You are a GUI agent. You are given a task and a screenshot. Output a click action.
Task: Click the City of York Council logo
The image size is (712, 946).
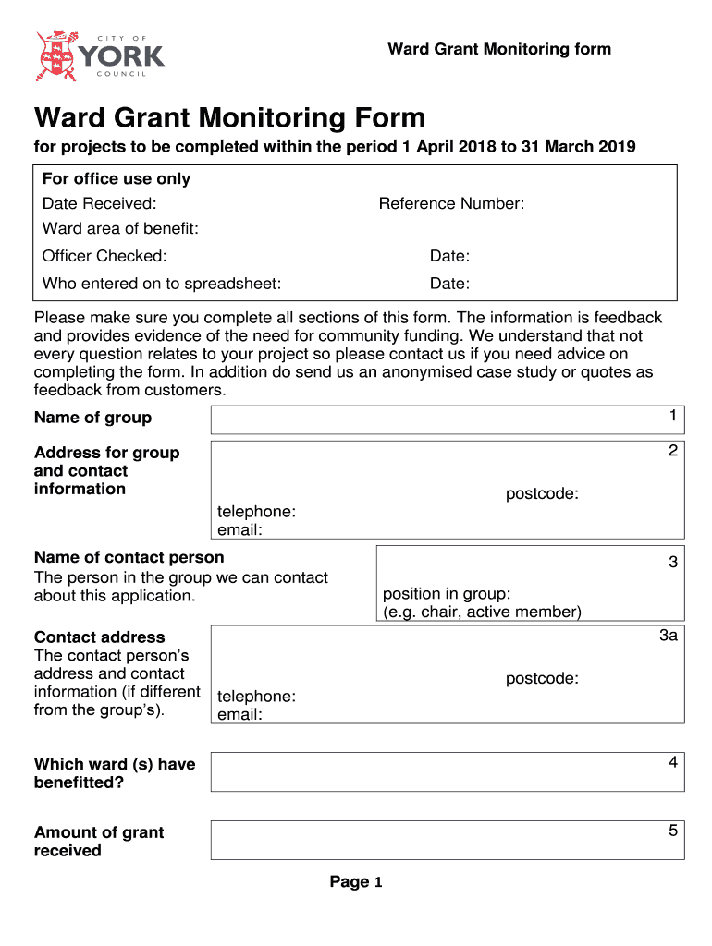coord(99,55)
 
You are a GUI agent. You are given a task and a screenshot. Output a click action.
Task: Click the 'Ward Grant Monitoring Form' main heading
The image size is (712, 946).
coord(229,118)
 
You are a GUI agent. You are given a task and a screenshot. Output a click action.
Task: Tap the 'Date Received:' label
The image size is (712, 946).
coord(99,203)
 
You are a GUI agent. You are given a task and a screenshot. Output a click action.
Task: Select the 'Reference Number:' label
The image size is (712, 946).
coord(451,203)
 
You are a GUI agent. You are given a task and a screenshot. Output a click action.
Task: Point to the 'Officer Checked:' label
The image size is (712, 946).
coord(104,256)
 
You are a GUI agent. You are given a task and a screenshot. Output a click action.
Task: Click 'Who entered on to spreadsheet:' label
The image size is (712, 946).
coord(162,284)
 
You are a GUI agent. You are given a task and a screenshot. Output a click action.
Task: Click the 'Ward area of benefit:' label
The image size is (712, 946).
coord(120,228)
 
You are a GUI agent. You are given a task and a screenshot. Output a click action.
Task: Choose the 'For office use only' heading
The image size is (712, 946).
coord(117,178)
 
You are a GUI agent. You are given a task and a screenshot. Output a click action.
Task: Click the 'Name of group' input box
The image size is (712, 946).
coord(448,419)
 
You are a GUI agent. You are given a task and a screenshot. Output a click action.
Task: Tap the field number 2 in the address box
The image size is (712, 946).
coord(673,451)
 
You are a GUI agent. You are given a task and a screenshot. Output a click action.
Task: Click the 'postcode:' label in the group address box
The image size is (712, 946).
coord(542,494)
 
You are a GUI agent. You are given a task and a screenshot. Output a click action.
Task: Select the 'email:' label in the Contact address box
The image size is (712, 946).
coord(239,715)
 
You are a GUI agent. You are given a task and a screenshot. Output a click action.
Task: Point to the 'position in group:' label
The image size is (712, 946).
coord(447,594)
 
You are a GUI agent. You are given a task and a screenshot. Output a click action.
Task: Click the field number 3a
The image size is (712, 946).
coord(669,636)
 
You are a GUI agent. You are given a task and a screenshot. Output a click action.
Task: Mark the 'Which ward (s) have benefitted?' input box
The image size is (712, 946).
coord(448,771)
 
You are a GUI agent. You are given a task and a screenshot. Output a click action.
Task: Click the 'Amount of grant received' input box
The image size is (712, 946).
coord(448,840)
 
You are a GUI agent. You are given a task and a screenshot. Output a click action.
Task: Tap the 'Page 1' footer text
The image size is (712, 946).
coord(356,882)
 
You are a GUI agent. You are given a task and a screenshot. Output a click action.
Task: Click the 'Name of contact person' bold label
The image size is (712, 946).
coord(129,557)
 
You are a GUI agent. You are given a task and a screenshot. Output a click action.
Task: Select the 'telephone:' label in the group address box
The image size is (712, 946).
coord(256,512)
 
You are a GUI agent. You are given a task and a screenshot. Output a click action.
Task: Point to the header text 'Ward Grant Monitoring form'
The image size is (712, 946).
coord(499,49)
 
